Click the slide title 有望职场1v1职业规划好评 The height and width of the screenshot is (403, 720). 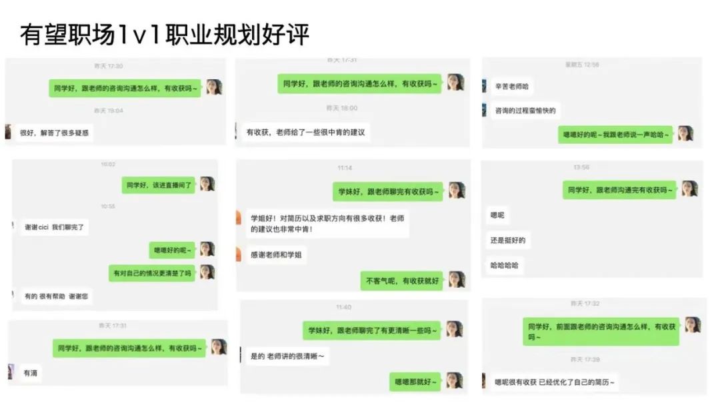click(x=165, y=35)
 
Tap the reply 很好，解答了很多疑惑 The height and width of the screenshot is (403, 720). click(x=55, y=133)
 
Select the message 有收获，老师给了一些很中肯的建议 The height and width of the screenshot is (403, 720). click(x=306, y=132)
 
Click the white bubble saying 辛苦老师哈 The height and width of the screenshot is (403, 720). click(x=513, y=87)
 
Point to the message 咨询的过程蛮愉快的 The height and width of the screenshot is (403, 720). click(x=525, y=111)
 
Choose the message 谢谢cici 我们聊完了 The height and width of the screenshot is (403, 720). click(x=53, y=227)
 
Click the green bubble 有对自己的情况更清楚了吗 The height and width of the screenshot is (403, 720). click(x=152, y=273)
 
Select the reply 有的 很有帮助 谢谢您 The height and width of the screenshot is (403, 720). click(x=56, y=296)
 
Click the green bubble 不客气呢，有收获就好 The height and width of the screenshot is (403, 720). click(x=402, y=280)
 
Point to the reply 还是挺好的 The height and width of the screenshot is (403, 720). click(x=508, y=240)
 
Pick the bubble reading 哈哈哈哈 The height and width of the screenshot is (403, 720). click(x=504, y=265)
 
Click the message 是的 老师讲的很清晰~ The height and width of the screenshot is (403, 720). click(x=287, y=356)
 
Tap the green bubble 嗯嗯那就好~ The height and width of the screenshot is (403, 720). click(x=414, y=382)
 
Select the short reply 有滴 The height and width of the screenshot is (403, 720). click(x=31, y=373)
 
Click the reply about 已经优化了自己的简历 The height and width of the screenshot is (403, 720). click(x=555, y=382)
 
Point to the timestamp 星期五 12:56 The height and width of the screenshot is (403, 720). click(x=582, y=65)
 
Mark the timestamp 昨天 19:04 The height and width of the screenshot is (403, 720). click(x=108, y=111)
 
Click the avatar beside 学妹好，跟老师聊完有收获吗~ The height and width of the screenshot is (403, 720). click(x=457, y=191)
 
